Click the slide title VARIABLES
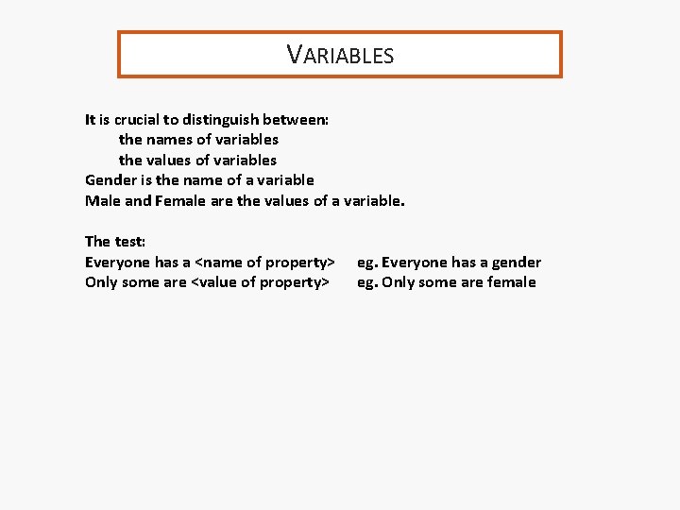coord(340,55)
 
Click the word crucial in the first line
coord(139,120)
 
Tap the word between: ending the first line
coord(301,120)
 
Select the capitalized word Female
coord(179,200)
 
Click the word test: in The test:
coord(129,242)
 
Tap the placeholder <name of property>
coord(264,263)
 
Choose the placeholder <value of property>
coord(260,282)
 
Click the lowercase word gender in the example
coord(516,263)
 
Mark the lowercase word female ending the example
coord(512,282)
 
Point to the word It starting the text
coord(91,120)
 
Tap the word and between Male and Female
coord(138,200)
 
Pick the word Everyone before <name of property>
coord(118,263)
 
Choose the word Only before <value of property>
coord(101,282)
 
